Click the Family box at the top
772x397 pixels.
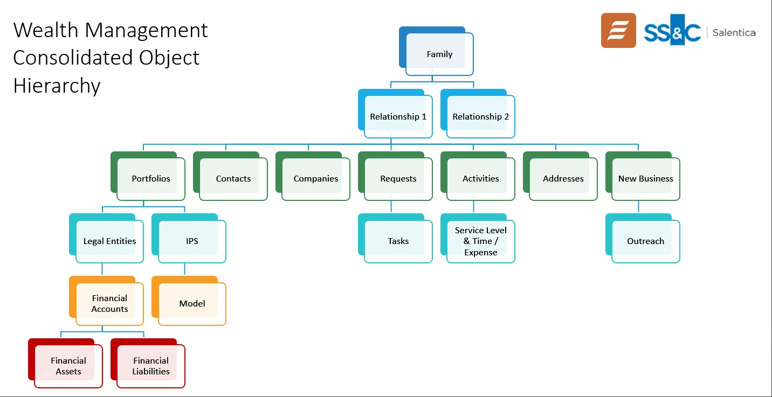coord(439,54)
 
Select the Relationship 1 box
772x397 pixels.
coord(398,116)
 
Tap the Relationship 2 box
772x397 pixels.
coord(480,116)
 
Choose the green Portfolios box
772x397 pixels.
coord(150,178)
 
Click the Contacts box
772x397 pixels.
coord(233,178)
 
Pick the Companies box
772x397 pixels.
coord(315,178)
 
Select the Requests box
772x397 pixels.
coord(398,178)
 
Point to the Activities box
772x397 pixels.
coord(480,178)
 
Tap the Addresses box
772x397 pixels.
coord(563,178)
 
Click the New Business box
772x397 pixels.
coord(645,178)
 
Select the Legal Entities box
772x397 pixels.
coord(109,241)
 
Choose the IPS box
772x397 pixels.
coord(192,241)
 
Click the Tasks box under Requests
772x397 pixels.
coord(398,241)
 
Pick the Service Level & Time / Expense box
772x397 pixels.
coord(480,241)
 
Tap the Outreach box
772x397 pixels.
coord(645,241)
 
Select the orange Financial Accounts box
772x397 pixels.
coord(109,303)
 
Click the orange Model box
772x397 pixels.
coord(192,303)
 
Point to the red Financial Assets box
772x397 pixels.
coord(68,366)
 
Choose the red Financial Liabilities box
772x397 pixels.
coord(150,366)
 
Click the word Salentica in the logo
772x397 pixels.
coord(734,32)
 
